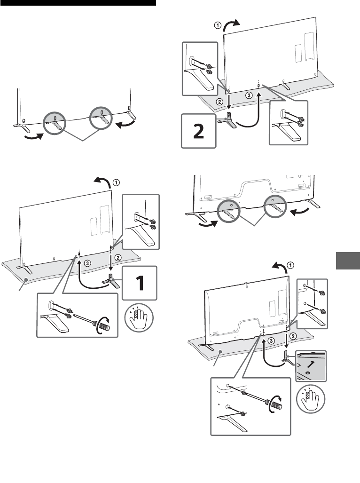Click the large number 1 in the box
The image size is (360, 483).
pos(140,284)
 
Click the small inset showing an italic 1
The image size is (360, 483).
pos(311,366)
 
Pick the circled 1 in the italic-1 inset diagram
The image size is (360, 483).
pos(291,264)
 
